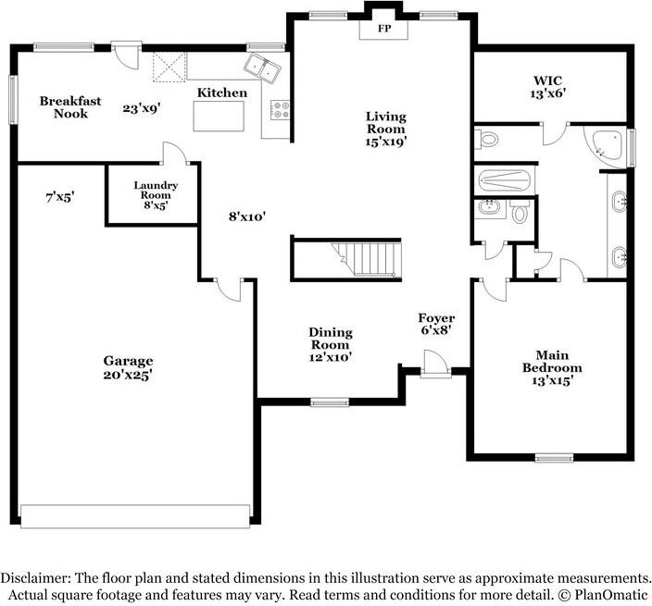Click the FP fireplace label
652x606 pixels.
384,29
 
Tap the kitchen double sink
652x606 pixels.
262,68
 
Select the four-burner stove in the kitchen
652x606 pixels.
280,110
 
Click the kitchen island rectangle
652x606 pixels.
219,116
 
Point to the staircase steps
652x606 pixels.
366,259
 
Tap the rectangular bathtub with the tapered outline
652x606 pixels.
505,180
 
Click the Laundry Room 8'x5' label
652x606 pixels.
156,195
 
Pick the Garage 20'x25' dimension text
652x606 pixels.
128,375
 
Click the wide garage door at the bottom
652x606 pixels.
135,516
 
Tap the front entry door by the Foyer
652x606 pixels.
435,365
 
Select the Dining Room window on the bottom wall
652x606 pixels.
330,402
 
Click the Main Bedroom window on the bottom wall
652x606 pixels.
554,458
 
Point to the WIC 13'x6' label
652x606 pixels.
548,87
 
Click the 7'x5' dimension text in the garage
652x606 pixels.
60,197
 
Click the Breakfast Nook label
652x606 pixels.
70,107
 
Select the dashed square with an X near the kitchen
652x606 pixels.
169,67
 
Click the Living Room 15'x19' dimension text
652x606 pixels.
385,142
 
